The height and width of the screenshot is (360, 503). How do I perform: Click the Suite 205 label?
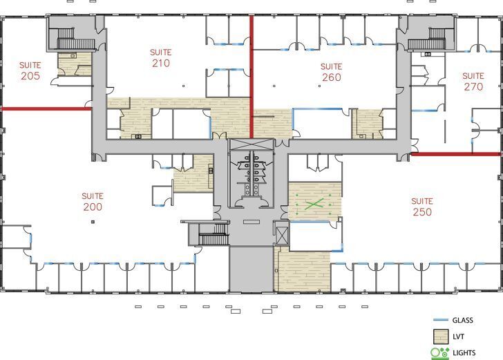30,70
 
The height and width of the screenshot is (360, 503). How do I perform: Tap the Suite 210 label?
161,58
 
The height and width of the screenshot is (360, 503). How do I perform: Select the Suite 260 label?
332,73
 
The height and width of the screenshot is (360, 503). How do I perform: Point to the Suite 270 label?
473,82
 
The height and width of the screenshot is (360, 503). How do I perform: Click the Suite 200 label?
92,201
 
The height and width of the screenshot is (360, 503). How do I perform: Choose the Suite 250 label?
422,207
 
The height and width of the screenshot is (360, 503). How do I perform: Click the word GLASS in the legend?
464,320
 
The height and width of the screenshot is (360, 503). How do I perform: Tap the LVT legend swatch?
440,337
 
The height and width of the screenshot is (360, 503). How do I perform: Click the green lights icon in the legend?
439,353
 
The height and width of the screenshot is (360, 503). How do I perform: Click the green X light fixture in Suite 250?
314,204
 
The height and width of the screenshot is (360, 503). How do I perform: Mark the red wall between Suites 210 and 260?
251,76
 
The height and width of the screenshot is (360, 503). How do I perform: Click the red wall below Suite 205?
46,108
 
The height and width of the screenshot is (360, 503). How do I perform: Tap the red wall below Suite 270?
456,153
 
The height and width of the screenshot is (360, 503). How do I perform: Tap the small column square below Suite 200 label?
92,222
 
